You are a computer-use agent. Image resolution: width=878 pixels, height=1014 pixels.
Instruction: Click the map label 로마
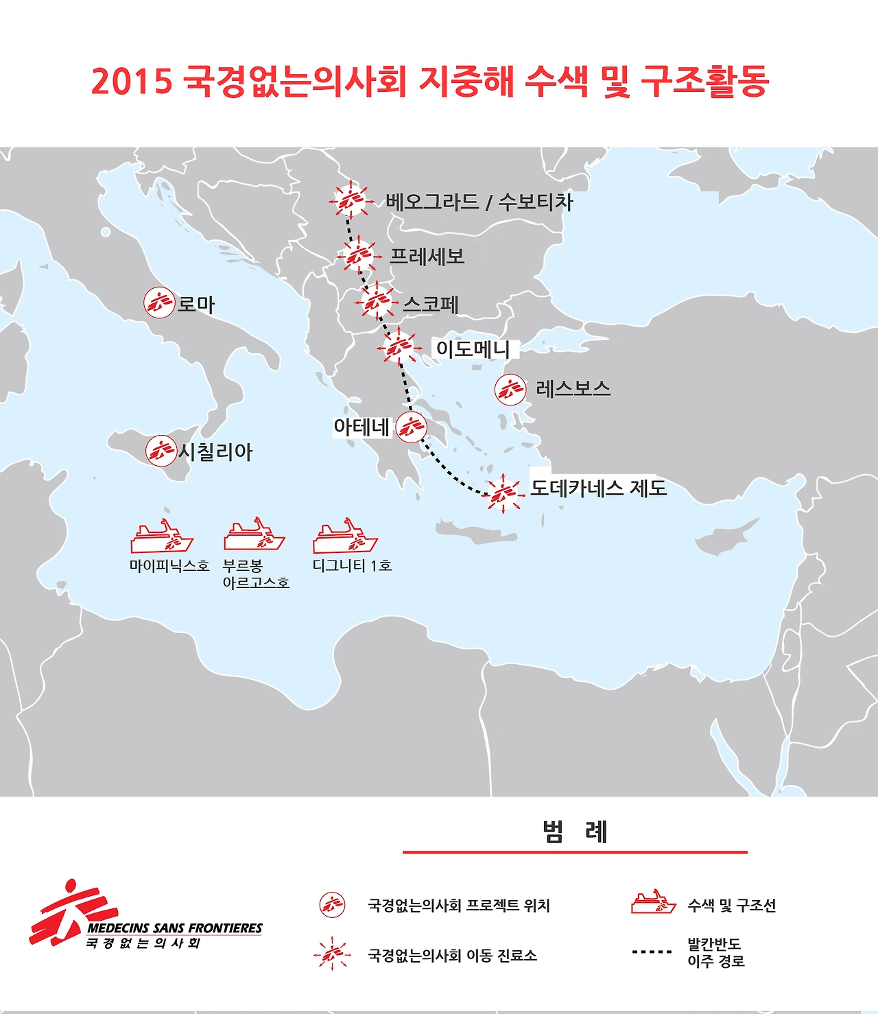[196, 304]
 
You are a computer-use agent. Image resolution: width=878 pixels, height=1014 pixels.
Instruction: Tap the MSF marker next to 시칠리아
[161, 451]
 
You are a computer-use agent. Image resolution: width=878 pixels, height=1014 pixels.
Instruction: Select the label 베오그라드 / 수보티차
[479, 202]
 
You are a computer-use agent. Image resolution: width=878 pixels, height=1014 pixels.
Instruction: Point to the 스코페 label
[431, 304]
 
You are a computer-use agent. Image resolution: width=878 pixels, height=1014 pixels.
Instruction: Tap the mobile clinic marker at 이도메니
[399, 348]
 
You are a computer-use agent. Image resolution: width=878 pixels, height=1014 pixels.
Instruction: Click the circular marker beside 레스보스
[510, 390]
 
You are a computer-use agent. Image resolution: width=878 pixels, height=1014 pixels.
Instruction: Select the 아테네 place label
[361, 427]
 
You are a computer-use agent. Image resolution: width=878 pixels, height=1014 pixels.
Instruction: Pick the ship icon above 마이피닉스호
[162, 537]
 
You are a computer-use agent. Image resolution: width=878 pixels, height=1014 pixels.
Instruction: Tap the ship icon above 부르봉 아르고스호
[254, 535]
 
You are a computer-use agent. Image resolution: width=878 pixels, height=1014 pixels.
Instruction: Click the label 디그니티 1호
[352, 565]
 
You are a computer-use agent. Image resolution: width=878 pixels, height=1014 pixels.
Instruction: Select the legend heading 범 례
[575, 832]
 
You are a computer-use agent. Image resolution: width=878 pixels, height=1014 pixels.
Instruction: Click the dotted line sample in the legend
[652, 952]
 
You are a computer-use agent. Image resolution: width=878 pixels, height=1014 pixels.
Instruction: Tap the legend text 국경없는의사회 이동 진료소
[453, 955]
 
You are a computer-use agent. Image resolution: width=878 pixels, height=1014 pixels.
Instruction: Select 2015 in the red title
[131, 81]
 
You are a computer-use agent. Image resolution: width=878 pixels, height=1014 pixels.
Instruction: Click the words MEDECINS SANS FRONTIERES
[175, 928]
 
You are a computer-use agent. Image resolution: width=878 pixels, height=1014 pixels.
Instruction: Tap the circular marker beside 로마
[159, 303]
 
